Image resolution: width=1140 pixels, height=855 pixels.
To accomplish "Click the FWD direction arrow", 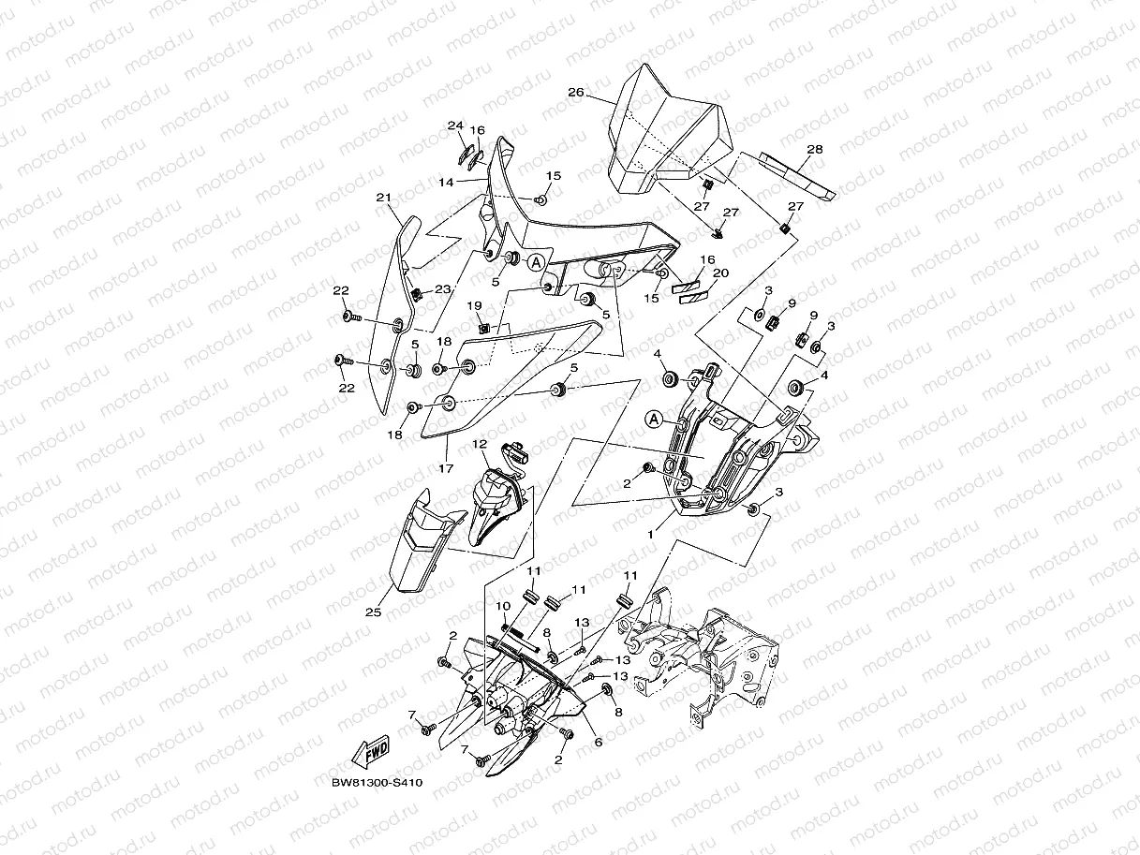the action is (370, 751).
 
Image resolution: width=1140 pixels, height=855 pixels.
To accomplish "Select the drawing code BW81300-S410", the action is (378, 783).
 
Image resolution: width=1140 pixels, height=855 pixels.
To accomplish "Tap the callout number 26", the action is (576, 93).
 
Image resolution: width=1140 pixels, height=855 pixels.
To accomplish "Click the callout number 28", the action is (815, 150).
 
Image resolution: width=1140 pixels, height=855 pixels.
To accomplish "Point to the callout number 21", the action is (384, 198).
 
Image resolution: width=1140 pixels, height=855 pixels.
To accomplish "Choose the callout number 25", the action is (373, 612).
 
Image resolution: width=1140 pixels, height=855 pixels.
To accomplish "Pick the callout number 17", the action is (446, 468).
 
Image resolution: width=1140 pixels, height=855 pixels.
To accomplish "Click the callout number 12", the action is (480, 444).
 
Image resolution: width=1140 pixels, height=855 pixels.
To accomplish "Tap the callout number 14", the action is (446, 183).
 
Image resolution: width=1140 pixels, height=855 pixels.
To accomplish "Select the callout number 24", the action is (455, 125).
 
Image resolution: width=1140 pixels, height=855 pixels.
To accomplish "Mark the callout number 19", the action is (474, 306).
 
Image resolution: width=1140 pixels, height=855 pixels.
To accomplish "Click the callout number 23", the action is (442, 288).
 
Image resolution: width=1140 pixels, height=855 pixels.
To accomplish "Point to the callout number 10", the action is (503, 606).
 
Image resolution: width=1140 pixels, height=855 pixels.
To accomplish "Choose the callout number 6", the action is (599, 743).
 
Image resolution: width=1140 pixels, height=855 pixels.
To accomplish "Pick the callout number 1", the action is (650, 534).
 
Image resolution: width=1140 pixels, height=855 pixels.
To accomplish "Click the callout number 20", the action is (721, 273).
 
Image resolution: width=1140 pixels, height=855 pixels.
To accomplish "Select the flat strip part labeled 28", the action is (798, 176).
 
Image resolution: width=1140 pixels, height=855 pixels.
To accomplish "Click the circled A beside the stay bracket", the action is (654, 419).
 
